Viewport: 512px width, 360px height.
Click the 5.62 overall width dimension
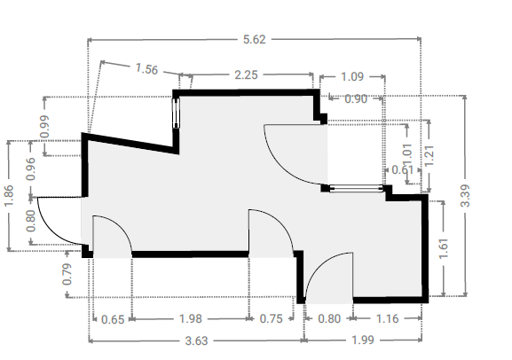point(255,40)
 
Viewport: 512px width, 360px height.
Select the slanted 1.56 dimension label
point(146,69)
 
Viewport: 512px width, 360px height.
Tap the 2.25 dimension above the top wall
point(246,75)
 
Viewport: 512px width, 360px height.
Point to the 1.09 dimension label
point(352,77)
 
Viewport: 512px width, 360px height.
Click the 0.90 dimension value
point(356,99)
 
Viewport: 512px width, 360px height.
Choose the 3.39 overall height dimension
point(465,196)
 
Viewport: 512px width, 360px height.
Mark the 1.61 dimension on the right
point(444,249)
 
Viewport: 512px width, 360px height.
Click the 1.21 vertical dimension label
point(429,156)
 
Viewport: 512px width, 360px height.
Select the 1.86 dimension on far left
point(9,196)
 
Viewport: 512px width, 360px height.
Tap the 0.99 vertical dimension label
point(44,126)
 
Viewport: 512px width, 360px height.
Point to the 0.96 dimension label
point(31,168)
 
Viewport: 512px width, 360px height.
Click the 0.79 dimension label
point(67,274)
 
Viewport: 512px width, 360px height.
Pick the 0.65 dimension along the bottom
point(113,319)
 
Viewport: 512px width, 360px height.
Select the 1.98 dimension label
point(191,318)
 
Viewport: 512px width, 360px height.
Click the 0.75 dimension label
point(271,318)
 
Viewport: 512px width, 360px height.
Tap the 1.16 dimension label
point(387,318)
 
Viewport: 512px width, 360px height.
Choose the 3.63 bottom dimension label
point(196,340)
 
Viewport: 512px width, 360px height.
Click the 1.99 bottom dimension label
point(362,340)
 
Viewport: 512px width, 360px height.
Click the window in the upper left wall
point(176,113)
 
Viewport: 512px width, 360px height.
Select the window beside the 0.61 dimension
point(356,188)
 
